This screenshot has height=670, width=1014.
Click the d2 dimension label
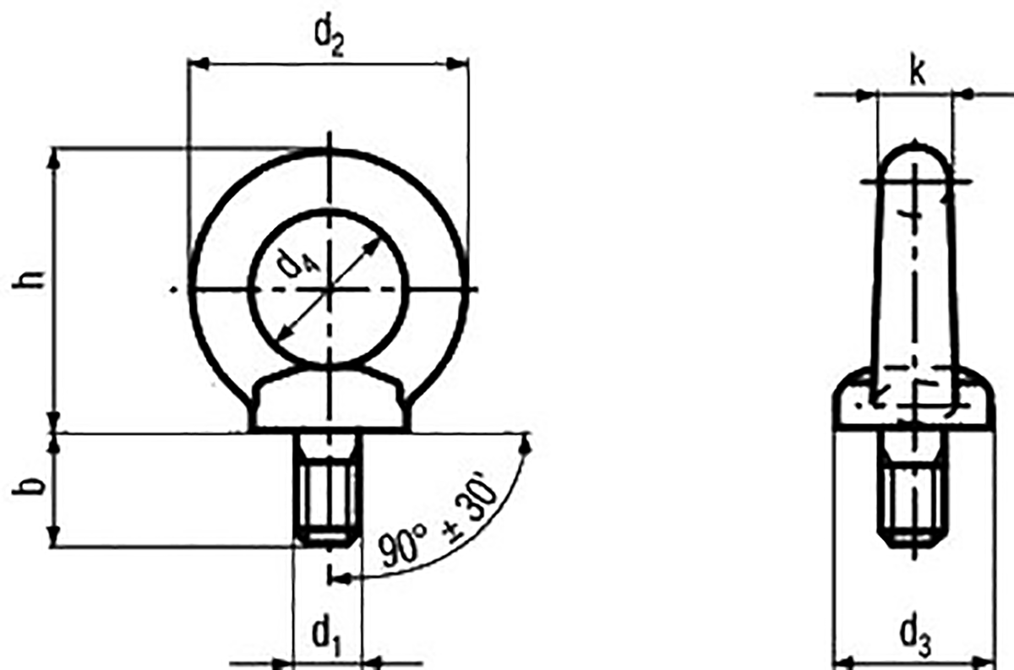pos(329,40)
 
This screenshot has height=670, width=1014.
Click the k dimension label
pos(917,73)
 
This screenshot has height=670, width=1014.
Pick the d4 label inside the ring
pos(299,264)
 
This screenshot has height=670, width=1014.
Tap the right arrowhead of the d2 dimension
pos(457,64)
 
